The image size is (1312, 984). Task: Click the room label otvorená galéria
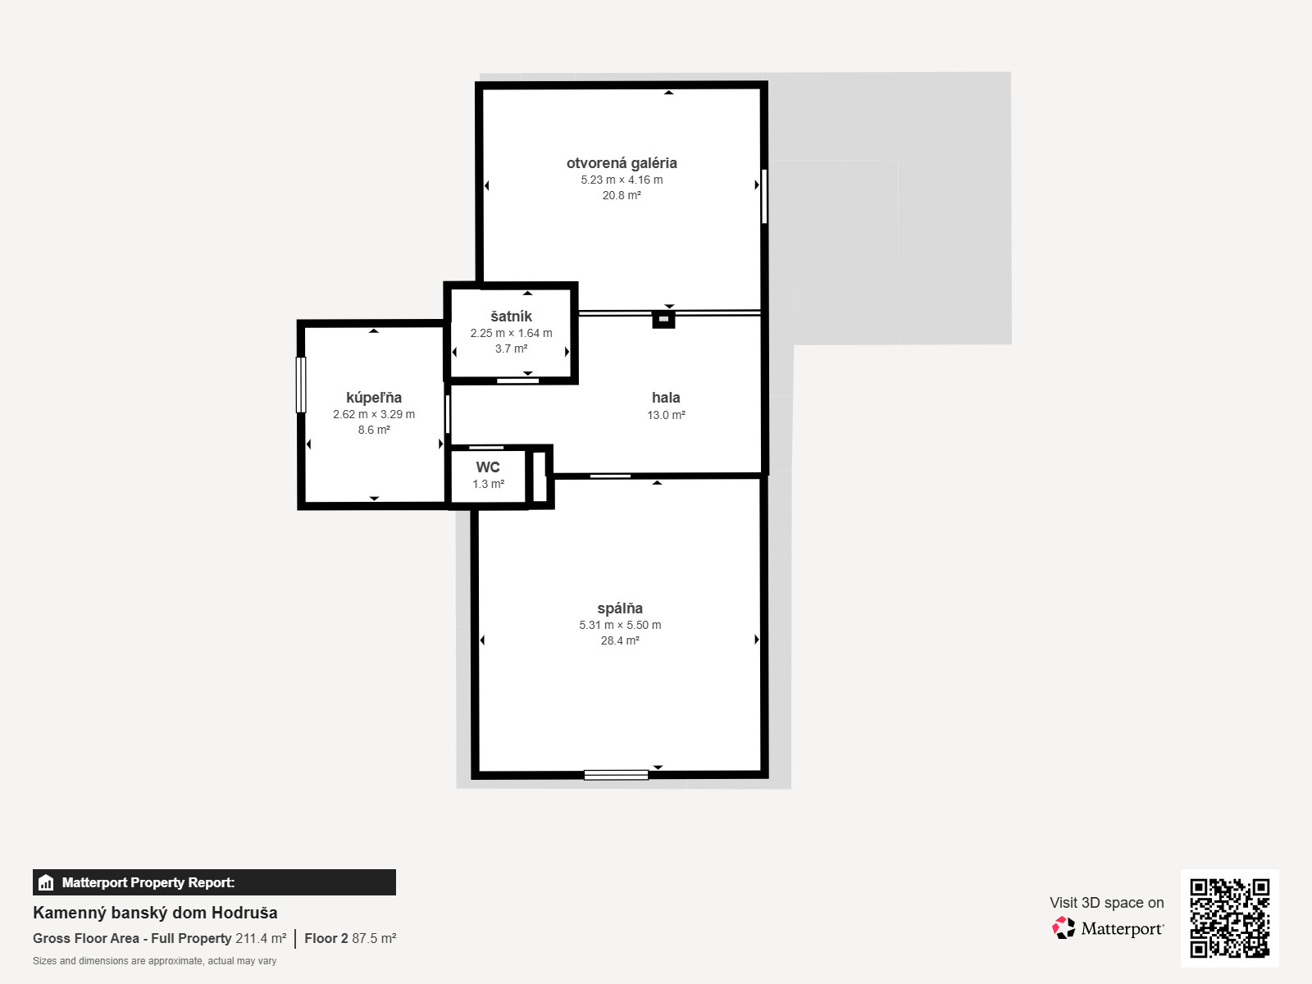click(x=622, y=163)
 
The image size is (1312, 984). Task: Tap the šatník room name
click(x=511, y=316)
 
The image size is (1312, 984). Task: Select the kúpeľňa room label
click(x=374, y=398)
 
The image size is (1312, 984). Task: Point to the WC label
click(x=488, y=467)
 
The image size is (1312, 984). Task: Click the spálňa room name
click(x=620, y=608)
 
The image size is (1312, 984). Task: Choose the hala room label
click(x=666, y=398)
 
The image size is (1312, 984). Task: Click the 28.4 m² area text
click(x=620, y=640)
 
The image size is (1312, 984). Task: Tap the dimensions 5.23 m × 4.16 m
click(x=622, y=180)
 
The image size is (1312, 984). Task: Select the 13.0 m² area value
click(x=666, y=415)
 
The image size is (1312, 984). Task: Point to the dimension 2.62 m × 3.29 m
click(x=374, y=414)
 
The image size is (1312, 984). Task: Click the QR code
click(x=1229, y=918)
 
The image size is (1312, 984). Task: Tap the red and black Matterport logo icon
click(x=1064, y=928)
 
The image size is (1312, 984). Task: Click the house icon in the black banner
click(x=46, y=882)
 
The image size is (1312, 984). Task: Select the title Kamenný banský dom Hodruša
click(x=155, y=913)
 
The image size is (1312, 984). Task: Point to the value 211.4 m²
click(x=261, y=939)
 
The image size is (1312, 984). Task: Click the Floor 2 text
click(x=326, y=939)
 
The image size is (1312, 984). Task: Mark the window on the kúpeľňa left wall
click(x=301, y=385)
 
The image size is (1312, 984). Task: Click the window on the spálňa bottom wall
click(x=617, y=775)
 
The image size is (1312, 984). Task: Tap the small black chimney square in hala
click(x=663, y=319)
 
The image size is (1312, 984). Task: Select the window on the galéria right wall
click(x=764, y=197)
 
